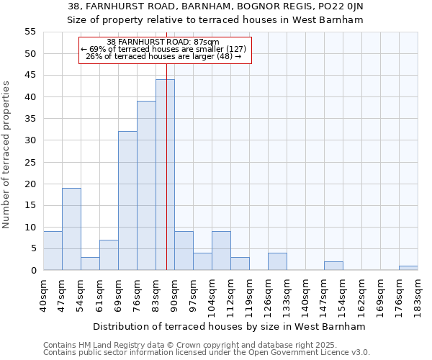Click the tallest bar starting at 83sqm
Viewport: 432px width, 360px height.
[165, 175]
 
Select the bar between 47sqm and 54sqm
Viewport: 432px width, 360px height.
[71, 229]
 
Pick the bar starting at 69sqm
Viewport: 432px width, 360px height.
[127, 201]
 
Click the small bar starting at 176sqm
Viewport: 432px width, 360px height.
[408, 268]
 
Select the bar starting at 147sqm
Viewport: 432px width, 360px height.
[333, 266]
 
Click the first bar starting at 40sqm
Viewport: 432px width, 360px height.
[53, 251]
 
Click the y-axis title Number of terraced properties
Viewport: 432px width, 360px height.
[6, 155]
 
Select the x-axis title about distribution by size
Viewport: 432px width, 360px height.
[230, 326]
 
